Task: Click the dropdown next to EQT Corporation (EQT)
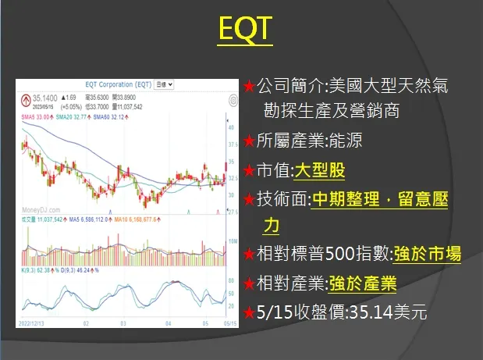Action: pyautogui.click(x=165, y=84)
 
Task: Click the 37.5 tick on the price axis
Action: pyautogui.click(x=231, y=144)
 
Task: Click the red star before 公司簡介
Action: pyautogui.click(x=248, y=85)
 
